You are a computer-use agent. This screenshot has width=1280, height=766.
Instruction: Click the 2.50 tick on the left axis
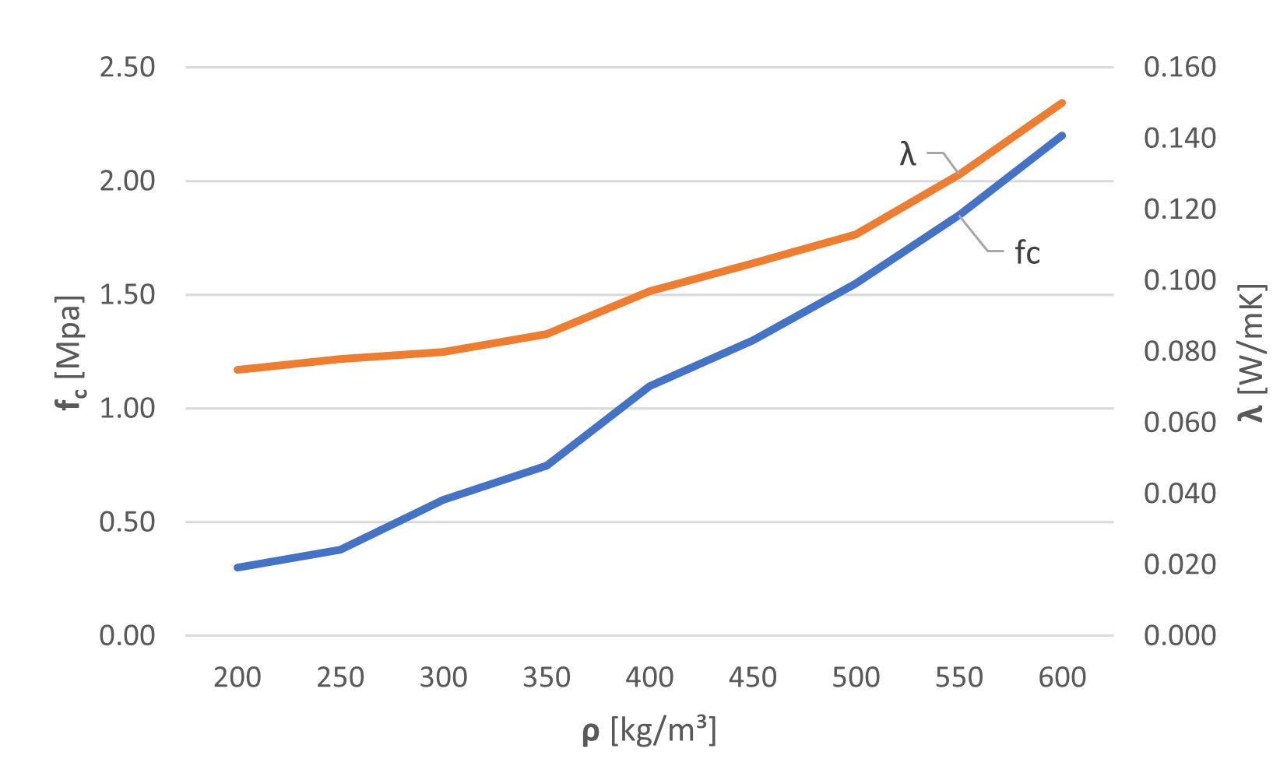[127, 68]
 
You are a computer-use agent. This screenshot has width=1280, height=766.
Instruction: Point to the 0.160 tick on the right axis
[1179, 68]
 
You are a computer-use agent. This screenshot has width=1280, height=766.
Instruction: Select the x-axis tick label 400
[649, 678]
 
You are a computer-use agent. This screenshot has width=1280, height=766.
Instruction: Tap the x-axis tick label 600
[1062, 678]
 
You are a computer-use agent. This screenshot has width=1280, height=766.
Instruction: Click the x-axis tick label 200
[237, 678]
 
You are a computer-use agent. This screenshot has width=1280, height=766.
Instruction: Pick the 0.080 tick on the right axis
[1179, 352]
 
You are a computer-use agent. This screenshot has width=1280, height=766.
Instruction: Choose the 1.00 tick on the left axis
[127, 409]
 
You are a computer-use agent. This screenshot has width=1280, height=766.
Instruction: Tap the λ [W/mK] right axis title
[1250, 354]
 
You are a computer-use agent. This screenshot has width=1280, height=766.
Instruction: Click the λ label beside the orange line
[908, 154]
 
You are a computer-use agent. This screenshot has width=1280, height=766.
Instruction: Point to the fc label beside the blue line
[1027, 253]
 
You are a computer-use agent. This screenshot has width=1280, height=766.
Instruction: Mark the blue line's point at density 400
[649, 385]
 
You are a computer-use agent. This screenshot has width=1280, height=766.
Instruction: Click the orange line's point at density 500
[856, 234]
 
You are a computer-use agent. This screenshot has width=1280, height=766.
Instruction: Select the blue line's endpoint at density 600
[1062, 135]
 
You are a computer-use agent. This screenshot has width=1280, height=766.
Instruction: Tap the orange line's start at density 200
[237, 370]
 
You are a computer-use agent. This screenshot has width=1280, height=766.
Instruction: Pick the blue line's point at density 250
[340, 550]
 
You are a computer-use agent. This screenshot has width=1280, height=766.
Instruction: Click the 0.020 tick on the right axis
[1179, 565]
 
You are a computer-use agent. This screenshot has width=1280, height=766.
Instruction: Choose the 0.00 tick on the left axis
[127, 636]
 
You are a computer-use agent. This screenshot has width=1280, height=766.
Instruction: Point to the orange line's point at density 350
[547, 334]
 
